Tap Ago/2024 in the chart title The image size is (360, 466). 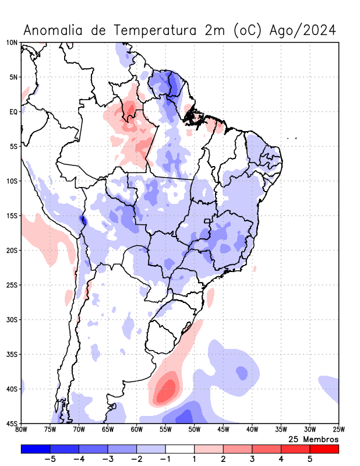click(x=303, y=30)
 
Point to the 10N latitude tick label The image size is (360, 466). click(x=12, y=43)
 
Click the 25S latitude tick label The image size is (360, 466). click(x=12, y=285)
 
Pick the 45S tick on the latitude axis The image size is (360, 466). click(x=12, y=423)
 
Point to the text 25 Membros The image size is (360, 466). click(x=313, y=439)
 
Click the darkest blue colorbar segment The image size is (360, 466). click(x=36, y=449)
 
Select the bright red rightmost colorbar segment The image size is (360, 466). click(x=324, y=449)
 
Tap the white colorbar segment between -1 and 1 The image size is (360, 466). click(x=179, y=449)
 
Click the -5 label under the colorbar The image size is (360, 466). click(x=50, y=459)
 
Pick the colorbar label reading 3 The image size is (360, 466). click(x=252, y=459)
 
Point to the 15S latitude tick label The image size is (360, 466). click(x=12, y=216)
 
